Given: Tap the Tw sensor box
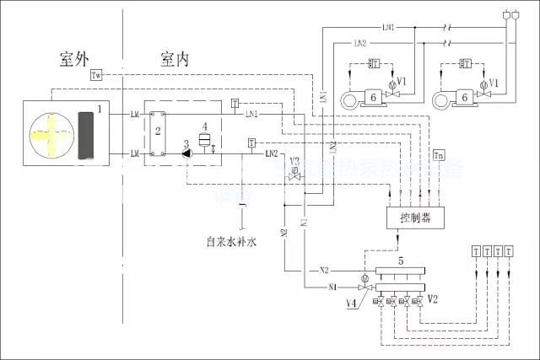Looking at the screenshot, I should (x=96, y=76).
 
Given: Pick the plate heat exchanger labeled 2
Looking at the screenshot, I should (x=158, y=132).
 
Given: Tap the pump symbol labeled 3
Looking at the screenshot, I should (x=185, y=154).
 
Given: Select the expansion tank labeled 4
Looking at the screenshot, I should (x=203, y=138).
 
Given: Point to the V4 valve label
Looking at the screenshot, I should (x=350, y=302).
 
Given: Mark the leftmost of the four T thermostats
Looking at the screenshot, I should (x=477, y=251).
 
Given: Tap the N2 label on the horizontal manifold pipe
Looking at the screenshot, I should (x=324, y=271).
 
